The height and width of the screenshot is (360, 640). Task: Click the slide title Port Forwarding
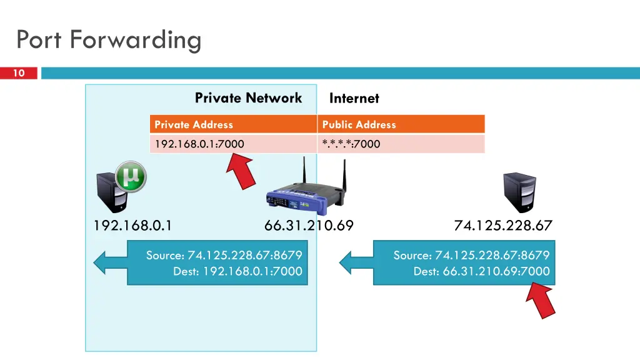(109, 41)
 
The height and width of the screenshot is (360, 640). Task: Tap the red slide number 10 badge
(19, 73)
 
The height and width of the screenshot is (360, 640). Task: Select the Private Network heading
(248, 98)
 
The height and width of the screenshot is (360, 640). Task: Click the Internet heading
(354, 98)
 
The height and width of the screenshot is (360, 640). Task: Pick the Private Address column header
(234, 124)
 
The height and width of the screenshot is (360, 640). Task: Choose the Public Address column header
(401, 124)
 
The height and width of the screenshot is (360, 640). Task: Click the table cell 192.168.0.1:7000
(234, 144)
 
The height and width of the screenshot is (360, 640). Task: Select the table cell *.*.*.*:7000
(401, 144)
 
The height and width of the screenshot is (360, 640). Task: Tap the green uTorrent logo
(131, 177)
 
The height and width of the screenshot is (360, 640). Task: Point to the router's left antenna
(304, 171)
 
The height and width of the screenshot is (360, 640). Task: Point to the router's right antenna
(344, 176)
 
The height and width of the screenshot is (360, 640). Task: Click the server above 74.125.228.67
(519, 192)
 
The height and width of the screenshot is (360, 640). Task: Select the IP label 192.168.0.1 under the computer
(132, 225)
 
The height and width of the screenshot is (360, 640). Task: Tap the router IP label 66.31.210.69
(309, 225)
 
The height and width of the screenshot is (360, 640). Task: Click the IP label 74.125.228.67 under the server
(503, 225)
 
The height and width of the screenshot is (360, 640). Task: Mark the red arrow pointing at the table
(242, 171)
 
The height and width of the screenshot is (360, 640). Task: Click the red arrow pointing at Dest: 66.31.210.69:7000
(541, 301)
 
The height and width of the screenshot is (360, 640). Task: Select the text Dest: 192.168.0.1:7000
(237, 271)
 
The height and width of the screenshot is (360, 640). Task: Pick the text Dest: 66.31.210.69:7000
(482, 271)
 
